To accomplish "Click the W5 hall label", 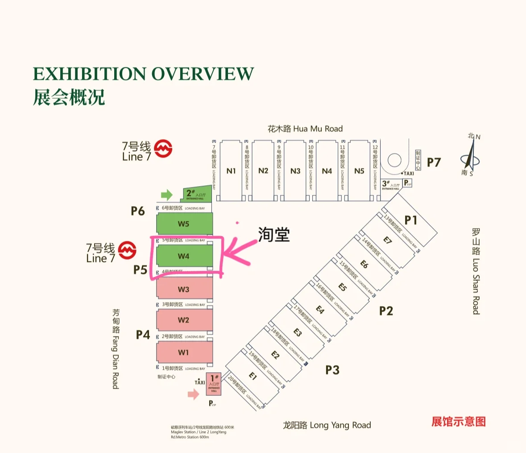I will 183,224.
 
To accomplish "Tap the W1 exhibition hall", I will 183,353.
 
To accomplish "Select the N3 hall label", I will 295,171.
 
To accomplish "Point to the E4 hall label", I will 320,309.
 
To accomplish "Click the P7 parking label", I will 434,162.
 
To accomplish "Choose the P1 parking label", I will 411,220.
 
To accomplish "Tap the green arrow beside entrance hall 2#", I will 166,195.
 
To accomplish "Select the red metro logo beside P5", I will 127,250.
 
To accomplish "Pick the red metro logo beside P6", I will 163,149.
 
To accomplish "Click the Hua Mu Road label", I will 305,129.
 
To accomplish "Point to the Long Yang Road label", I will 327,425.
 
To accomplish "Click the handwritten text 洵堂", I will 274,234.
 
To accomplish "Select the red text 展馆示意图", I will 458,422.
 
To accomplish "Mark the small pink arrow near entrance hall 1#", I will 193,394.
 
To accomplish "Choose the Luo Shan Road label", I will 476,271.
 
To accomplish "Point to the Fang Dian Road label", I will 116,349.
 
